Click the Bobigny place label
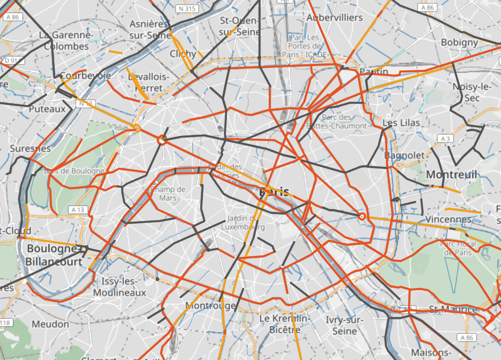coord(459,43)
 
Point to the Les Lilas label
coord(401,123)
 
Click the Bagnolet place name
coord(405,155)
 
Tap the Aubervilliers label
coord(335,18)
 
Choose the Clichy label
coord(183,54)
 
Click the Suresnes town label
coord(30,148)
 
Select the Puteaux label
coord(47,109)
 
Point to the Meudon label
coord(50,324)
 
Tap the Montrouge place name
coord(211,306)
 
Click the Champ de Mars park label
coord(168,193)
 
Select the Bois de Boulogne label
coord(74,171)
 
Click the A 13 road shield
coord(78,210)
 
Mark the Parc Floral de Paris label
coord(458,248)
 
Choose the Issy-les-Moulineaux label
coord(120,287)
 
